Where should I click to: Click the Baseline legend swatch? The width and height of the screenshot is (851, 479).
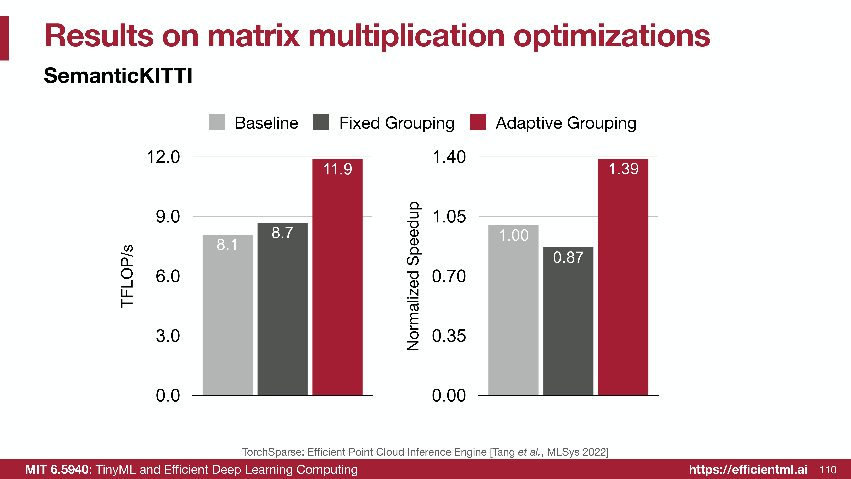click(217, 123)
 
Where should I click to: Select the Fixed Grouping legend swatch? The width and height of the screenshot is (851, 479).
click(321, 123)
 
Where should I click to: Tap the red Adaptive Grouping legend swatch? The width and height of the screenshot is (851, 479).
click(478, 123)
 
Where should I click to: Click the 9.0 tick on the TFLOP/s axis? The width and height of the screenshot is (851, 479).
click(168, 217)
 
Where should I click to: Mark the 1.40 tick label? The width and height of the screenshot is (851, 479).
click(449, 157)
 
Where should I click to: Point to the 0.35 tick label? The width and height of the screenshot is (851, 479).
click(449, 336)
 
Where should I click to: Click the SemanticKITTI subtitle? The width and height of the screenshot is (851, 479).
click(118, 76)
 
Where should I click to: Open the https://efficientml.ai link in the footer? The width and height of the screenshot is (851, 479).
click(748, 469)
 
